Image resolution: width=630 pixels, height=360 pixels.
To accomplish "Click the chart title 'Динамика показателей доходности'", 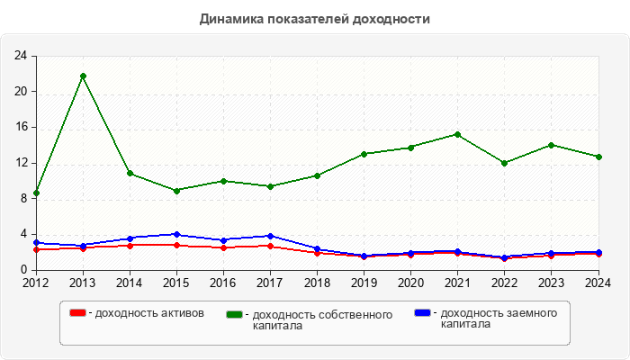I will tap(315, 19).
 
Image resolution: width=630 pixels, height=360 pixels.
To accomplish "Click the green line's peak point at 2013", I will tap(83, 76).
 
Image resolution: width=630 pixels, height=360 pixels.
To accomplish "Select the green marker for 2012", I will tap(36, 193).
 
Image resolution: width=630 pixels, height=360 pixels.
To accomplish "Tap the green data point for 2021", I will tap(457, 134).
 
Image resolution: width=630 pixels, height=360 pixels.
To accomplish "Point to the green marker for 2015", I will tap(176, 191).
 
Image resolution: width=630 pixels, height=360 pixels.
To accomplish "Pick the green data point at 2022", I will tap(504, 163).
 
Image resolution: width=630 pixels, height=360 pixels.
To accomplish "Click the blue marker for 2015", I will tap(176, 235).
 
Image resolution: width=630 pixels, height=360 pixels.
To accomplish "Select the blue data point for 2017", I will tap(270, 236).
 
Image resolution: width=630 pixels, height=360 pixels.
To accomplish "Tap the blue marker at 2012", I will tap(36, 243).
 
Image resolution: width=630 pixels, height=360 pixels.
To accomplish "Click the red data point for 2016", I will tap(223, 247).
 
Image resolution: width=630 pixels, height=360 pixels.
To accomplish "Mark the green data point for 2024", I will tap(598, 157).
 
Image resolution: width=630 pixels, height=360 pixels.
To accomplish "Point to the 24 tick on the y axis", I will tap(20, 56).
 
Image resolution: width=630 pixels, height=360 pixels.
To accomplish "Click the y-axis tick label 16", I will tap(20, 127).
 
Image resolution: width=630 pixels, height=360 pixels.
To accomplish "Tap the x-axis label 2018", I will tap(317, 283).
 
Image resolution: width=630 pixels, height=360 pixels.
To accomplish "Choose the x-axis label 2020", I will tap(410, 283).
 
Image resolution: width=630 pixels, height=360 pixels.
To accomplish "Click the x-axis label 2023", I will tap(551, 283).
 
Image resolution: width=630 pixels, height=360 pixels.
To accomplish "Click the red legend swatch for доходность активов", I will tap(78, 313).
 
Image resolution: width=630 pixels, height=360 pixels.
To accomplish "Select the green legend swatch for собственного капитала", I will tap(236, 314).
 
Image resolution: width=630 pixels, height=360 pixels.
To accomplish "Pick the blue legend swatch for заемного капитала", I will tap(422, 313).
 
